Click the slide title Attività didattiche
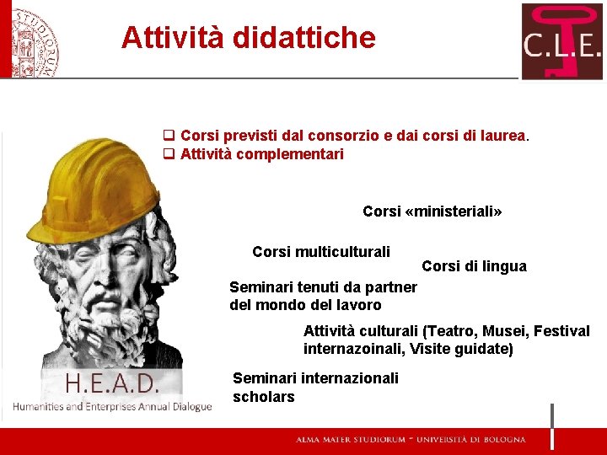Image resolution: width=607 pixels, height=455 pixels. pos(248,38)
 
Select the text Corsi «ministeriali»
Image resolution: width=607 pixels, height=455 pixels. pos(432,211)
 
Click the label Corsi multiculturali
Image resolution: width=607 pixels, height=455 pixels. pos(321,252)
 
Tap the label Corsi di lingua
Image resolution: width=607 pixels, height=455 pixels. pos(474,266)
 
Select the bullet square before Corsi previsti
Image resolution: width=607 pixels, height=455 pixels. pos(169,135)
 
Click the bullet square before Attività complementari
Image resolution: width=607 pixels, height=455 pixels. pos(169,154)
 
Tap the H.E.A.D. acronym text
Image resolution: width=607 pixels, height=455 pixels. pos(112,385)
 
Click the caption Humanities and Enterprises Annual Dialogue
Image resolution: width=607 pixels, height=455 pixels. pos(111,407)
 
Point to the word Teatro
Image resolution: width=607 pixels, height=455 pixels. pos(454,331)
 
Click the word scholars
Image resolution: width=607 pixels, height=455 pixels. pos(264,396)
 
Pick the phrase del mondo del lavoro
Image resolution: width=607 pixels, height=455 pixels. pos(305,305)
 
